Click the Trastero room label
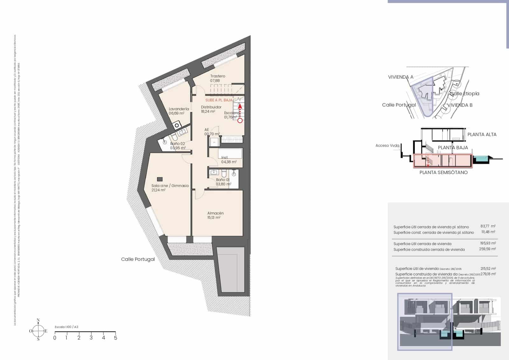coord(218,76)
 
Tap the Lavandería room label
coord(179,109)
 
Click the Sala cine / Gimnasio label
coord(170,186)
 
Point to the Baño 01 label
coord(223,180)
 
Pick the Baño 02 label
coord(178,144)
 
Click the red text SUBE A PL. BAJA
coord(219,100)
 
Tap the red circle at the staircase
coord(240,120)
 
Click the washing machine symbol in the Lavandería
coord(177,126)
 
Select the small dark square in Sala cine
coord(160,179)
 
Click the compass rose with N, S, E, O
coord(38,331)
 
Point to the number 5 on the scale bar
coord(115,338)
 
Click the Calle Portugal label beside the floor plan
coord(138,259)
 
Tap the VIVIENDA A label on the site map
coord(401,77)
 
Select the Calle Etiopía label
coord(464,94)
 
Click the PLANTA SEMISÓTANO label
coord(443,173)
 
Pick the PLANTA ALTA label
coord(482,134)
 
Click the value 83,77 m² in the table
coord(488,226)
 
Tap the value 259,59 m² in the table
coord(487,249)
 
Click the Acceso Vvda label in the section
coord(387,145)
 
